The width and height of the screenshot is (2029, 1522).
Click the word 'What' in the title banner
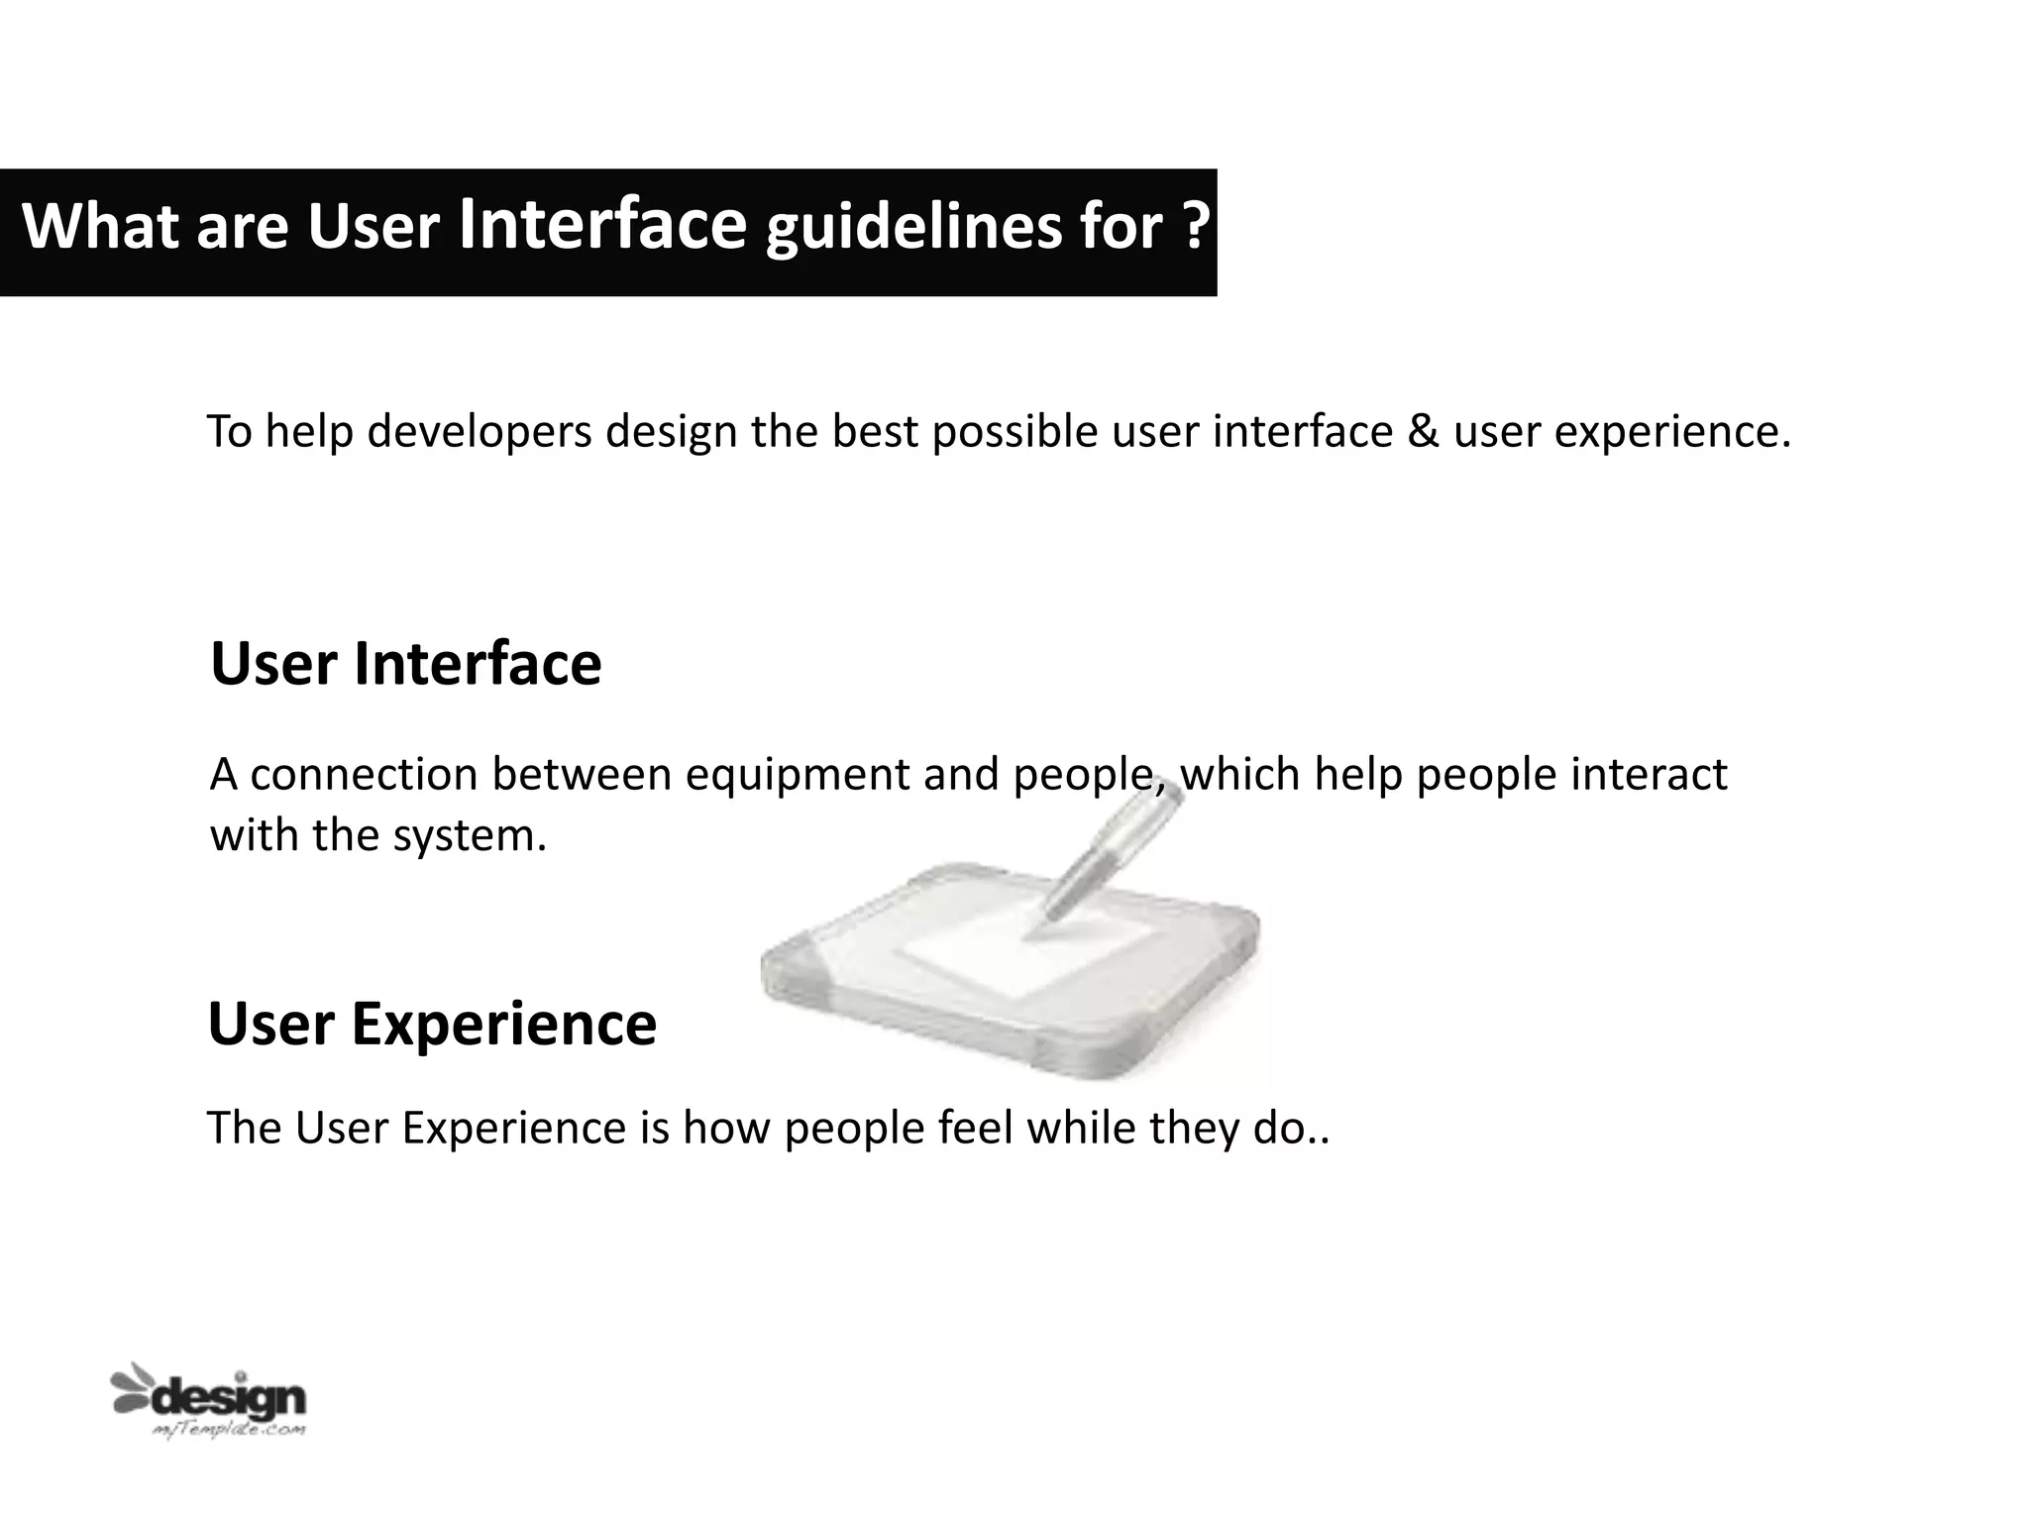(100, 227)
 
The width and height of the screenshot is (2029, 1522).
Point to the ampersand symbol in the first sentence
(1423, 432)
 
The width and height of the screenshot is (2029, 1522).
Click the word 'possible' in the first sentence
(1014, 433)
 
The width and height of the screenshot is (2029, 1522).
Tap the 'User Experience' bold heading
(432, 1024)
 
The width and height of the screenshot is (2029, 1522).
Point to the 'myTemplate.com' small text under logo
(229, 1430)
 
